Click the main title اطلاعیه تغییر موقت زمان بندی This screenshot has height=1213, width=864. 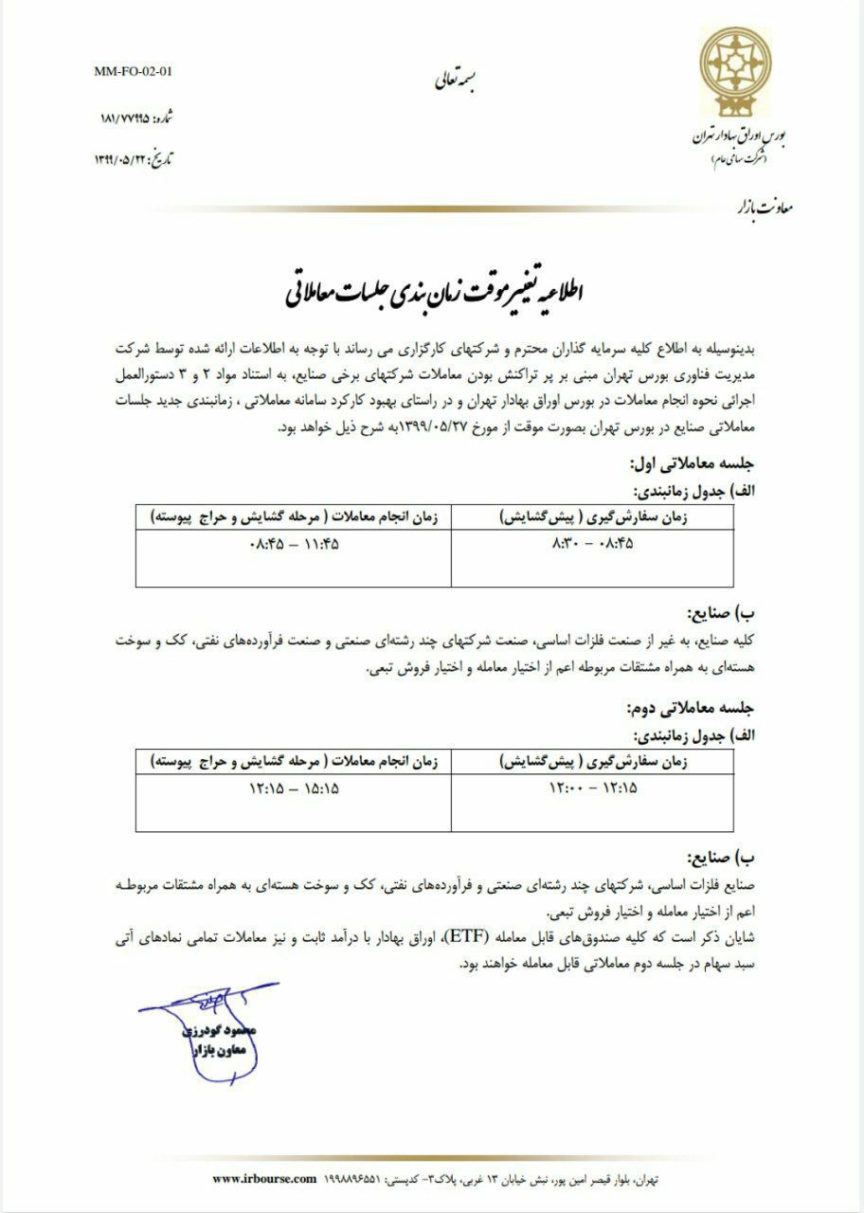coord(437,290)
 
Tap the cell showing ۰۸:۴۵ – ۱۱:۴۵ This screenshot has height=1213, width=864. coord(293,546)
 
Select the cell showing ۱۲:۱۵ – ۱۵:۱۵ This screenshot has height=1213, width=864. coord(293,788)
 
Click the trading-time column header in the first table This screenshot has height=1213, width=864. coord(293,517)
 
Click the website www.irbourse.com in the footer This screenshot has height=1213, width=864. coord(262,1178)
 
